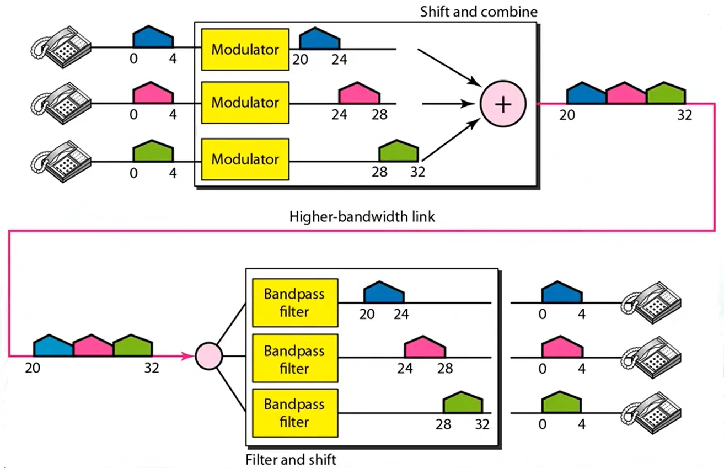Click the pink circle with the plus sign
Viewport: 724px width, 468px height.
[502, 104]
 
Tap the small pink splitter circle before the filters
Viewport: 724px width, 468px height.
[209, 356]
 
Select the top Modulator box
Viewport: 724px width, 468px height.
[245, 50]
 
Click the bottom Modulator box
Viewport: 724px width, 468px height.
[245, 159]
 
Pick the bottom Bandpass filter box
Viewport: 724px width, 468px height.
[294, 413]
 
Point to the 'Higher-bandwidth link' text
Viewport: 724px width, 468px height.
[362, 216]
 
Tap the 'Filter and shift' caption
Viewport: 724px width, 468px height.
[291, 459]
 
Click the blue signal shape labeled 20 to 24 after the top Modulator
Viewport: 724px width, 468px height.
[319, 40]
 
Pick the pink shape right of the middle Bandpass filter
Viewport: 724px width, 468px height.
[425, 348]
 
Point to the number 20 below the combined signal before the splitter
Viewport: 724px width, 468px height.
[33, 367]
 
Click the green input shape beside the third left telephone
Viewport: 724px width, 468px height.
[153, 153]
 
